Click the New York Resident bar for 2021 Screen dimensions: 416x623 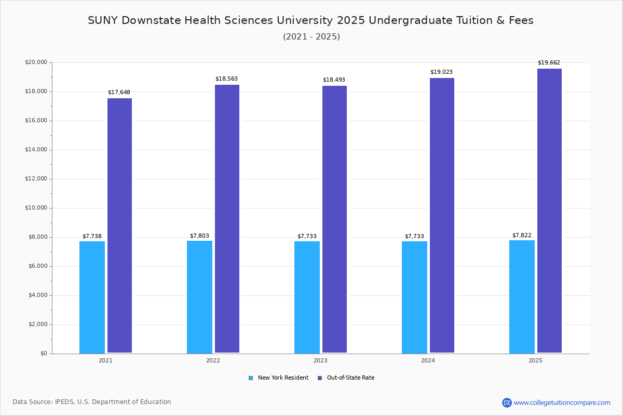[x=92, y=297]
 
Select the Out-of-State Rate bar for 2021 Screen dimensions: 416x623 [x=119, y=226]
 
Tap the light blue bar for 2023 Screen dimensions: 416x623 [x=307, y=297]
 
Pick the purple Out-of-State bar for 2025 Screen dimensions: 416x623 [x=549, y=211]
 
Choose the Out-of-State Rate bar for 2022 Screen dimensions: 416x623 [x=227, y=219]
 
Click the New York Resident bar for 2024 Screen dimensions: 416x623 [x=414, y=297]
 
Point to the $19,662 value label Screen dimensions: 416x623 [x=549, y=63]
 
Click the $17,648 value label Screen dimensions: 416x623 [x=119, y=93]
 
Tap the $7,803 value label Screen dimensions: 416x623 [x=199, y=236]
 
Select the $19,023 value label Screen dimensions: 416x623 [x=441, y=72]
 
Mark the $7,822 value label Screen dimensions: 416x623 [x=522, y=236]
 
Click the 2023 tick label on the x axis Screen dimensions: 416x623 [x=320, y=360]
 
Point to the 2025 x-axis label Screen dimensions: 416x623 [x=535, y=360]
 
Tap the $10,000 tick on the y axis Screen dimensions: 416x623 [x=36, y=208]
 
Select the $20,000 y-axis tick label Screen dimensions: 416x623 [x=36, y=62]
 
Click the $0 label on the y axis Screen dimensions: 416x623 [x=43, y=354]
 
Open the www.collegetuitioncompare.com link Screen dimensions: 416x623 [x=562, y=402]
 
